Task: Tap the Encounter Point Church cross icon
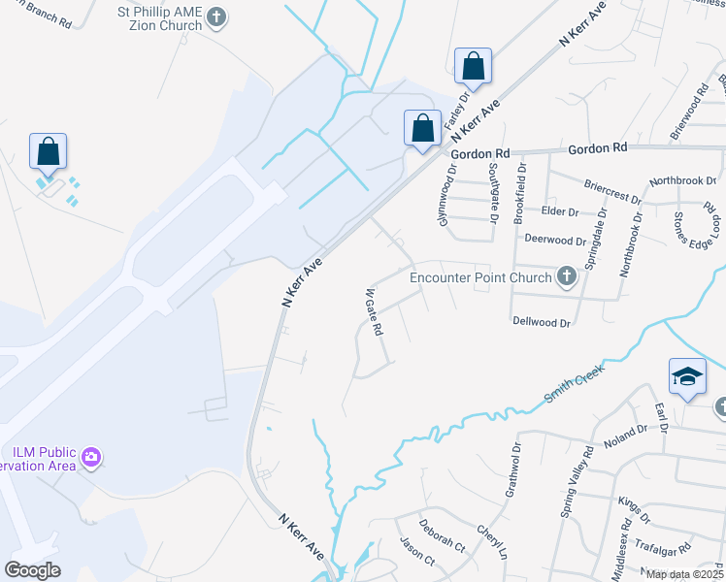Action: (x=567, y=278)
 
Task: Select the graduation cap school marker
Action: (x=686, y=377)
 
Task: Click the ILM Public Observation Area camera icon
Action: (x=91, y=456)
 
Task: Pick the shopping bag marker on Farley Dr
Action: (x=473, y=68)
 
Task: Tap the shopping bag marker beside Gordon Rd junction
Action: (x=422, y=129)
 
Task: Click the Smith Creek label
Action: (x=575, y=383)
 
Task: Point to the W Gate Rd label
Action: (x=372, y=311)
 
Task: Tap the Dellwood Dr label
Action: (x=540, y=319)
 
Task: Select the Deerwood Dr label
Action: (x=555, y=239)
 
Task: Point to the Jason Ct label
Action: (x=416, y=553)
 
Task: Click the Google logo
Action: (x=32, y=570)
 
